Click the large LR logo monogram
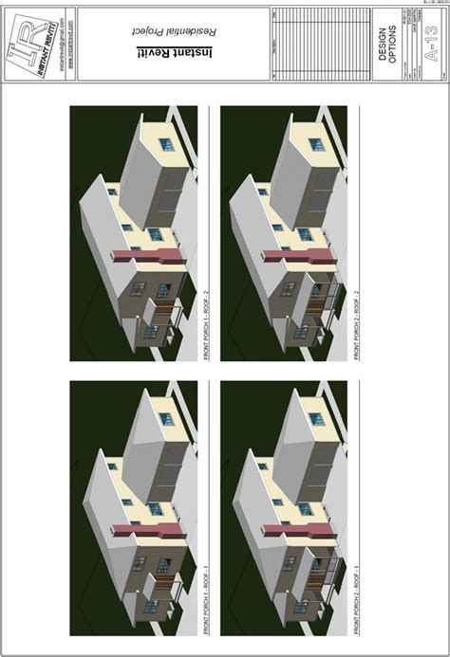(x=25, y=48)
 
